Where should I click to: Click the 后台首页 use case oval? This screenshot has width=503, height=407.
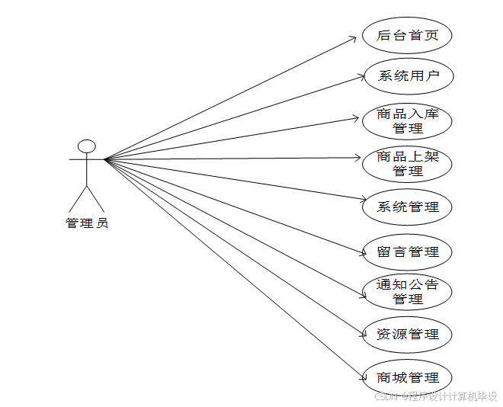(x=408, y=35)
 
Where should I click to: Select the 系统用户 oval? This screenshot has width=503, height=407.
(x=408, y=75)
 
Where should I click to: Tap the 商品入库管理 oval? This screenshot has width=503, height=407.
(x=408, y=120)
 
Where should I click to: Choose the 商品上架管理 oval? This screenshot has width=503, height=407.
(x=408, y=163)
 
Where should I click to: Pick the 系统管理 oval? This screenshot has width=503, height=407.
(x=408, y=207)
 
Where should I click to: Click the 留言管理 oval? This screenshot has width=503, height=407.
(x=408, y=252)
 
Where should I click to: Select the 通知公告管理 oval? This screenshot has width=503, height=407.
(x=408, y=292)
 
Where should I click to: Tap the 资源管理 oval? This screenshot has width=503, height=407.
(x=408, y=334)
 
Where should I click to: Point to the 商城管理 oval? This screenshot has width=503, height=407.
(x=408, y=377)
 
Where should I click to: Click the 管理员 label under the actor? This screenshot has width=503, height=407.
(x=87, y=223)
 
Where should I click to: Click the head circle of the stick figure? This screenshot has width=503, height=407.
(x=87, y=145)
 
